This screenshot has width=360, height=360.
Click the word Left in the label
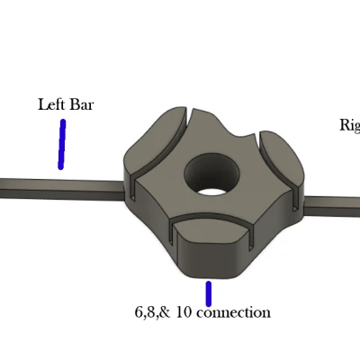[50, 104]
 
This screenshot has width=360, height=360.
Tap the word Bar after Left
[81, 104]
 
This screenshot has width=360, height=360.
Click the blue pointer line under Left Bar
[62, 144]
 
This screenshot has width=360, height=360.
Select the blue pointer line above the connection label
[209, 293]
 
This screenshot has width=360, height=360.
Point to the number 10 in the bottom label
[183, 313]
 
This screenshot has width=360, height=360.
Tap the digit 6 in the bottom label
[139, 313]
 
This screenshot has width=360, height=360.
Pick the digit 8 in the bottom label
[151, 313]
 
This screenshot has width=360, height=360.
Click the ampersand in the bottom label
[166, 313]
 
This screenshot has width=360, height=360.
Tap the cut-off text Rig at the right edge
[349, 125]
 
